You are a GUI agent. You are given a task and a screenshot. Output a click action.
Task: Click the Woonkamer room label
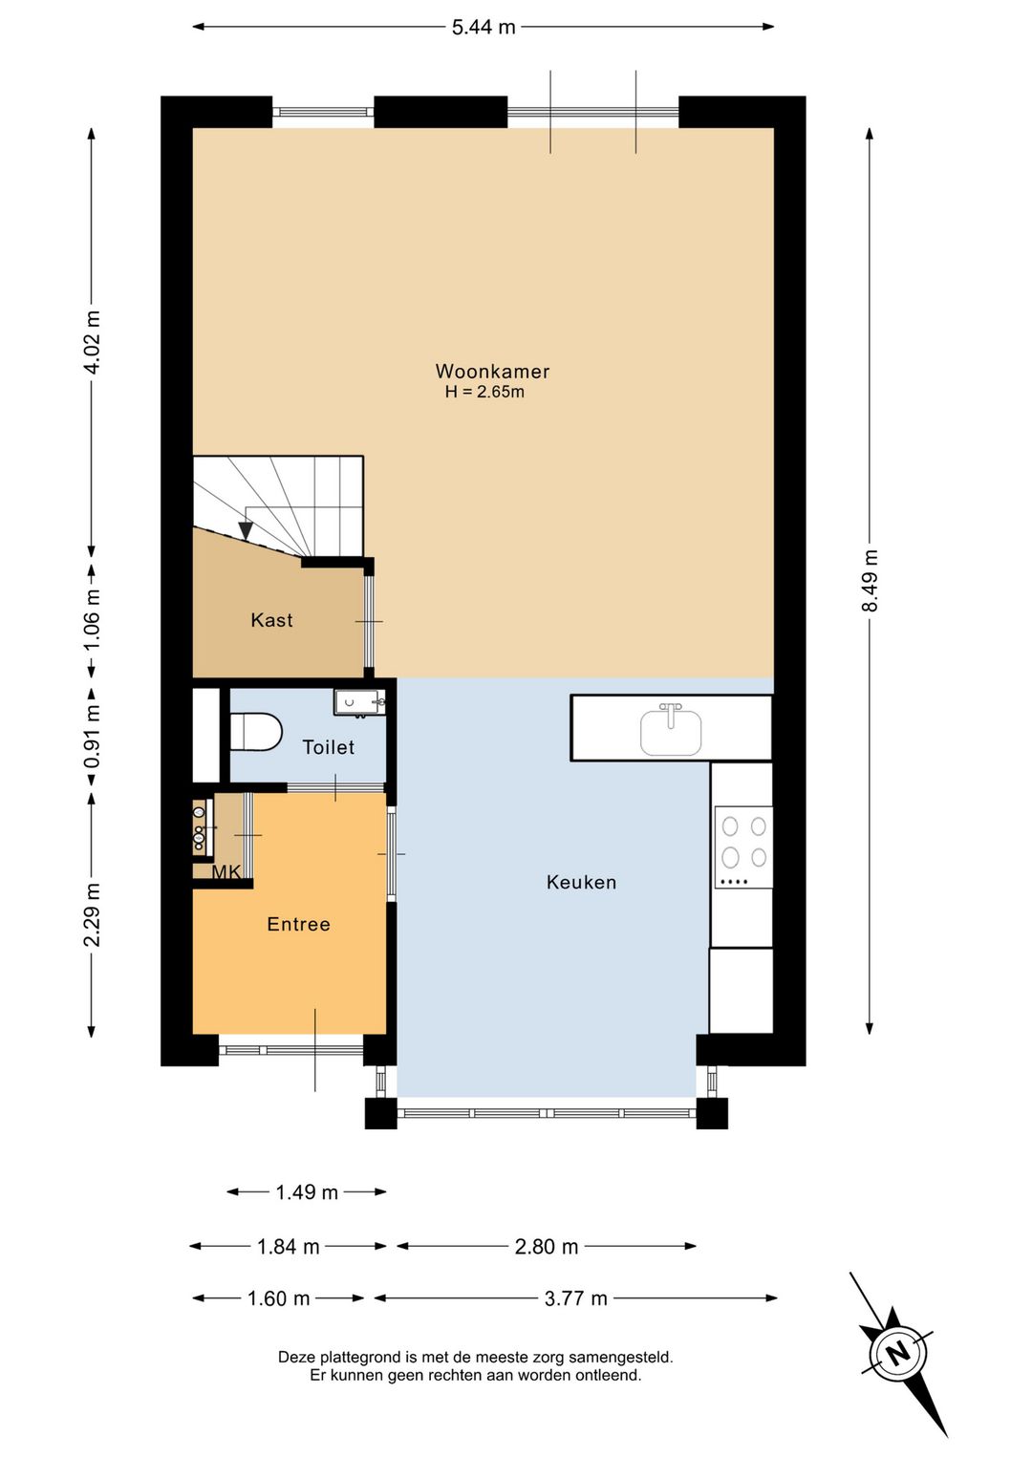[x=492, y=371]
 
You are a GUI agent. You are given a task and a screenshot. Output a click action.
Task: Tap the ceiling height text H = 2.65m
[x=484, y=392]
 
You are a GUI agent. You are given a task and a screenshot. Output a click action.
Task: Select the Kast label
[x=271, y=620]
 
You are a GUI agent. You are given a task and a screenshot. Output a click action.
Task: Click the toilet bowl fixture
[x=256, y=732]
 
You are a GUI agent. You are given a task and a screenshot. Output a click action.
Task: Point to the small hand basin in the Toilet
[x=359, y=703]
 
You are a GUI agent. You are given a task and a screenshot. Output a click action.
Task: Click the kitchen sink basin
[x=671, y=732]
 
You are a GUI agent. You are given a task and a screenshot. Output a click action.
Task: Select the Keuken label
[x=581, y=882]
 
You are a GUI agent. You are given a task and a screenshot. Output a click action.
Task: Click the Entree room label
[x=298, y=924]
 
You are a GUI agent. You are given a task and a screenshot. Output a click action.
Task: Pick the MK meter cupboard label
[x=226, y=871]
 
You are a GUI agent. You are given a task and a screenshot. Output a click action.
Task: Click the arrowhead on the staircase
[x=246, y=530]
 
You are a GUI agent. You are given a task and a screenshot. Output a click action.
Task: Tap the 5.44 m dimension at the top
[x=484, y=28]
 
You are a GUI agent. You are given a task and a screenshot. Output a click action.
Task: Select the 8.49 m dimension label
[x=870, y=581]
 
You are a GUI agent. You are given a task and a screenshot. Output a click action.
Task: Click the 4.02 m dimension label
[x=92, y=342]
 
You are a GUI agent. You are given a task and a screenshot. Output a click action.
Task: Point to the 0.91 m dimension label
[x=92, y=735]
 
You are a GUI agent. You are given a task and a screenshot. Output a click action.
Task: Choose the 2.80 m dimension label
[x=547, y=1247]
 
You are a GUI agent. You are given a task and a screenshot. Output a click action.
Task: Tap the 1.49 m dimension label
[x=307, y=1192]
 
